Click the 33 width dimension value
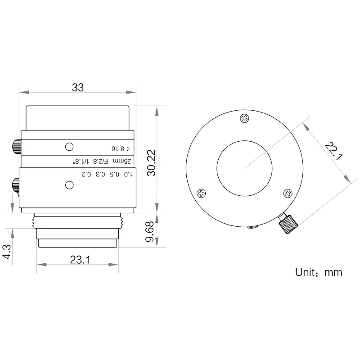coord(78,87)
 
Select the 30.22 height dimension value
coord(151,163)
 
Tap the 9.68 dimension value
coord(150,232)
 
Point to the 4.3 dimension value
coord(7,252)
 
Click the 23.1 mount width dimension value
coord(80,260)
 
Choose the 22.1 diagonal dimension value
coord(333,151)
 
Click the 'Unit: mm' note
coord(319,272)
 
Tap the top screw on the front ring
coord(244,118)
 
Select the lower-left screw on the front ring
coord(201,193)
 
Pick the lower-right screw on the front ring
coord(288,193)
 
